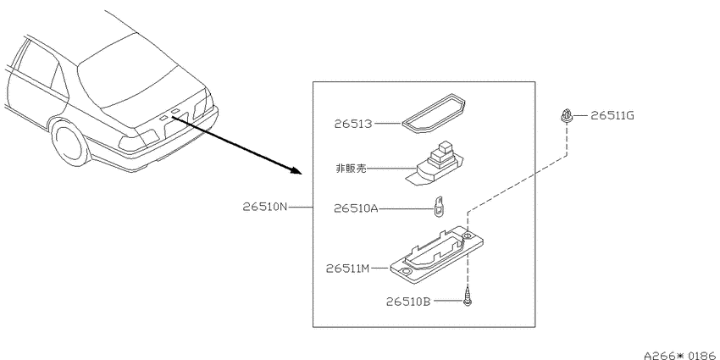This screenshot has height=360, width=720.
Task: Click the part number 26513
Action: [x=352, y=124]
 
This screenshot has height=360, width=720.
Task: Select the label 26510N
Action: [x=265, y=207]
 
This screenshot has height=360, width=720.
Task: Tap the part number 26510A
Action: [x=356, y=209]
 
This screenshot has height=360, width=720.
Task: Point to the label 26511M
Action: [x=348, y=269]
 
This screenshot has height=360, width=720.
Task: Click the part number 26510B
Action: [x=408, y=302]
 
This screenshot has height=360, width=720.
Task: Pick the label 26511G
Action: [x=612, y=116]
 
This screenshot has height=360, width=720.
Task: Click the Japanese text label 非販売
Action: [x=352, y=169]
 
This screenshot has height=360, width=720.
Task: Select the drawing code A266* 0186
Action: [x=681, y=355]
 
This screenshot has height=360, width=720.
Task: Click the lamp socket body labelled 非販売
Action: [x=434, y=164]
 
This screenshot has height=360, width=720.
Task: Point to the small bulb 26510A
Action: [x=440, y=205]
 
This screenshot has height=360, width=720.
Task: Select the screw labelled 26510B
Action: [x=468, y=296]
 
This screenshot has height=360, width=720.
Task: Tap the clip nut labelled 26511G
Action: [x=567, y=115]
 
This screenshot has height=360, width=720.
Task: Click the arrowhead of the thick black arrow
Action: [x=296, y=171]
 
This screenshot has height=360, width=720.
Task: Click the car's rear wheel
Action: [x=70, y=143]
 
